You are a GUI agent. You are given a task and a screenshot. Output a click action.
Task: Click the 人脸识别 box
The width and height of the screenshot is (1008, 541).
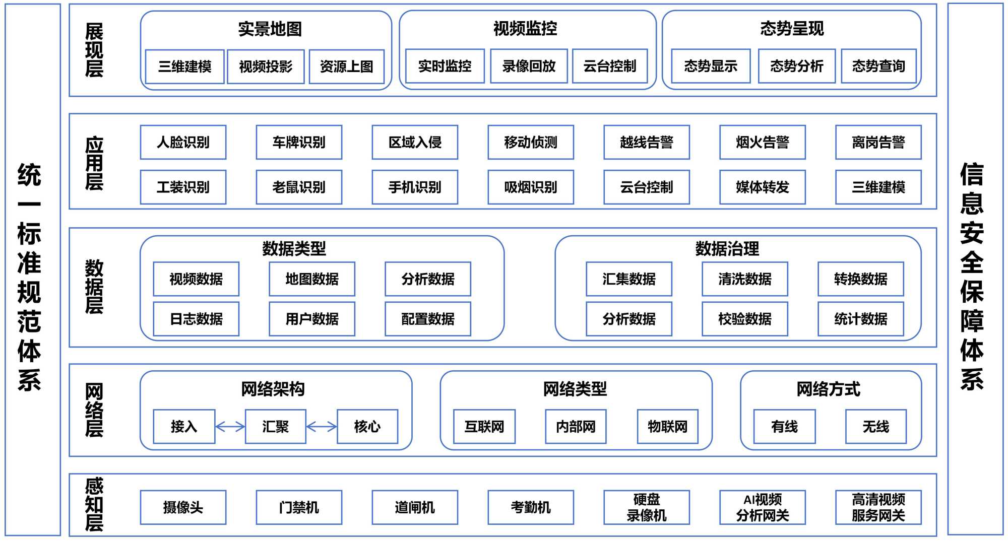pyautogui.click(x=183, y=143)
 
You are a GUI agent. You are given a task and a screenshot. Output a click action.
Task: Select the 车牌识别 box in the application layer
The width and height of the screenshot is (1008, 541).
pyautogui.click(x=299, y=143)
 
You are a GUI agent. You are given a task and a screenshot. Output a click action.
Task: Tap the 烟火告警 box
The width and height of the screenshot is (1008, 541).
pyautogui.click(x=762, y=143)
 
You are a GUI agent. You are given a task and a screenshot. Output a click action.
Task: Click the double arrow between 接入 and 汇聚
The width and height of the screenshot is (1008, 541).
pyautogui.click(x=230, y=427)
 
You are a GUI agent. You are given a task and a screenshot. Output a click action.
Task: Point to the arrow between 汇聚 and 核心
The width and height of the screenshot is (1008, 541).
pyautogui.click(x=321, y=427)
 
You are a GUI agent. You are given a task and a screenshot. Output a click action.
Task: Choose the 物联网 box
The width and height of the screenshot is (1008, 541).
pyautogui.click(x=667, y=427)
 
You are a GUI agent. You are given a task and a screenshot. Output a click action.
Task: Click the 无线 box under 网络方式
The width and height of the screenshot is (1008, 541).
pyautogui.click(x=875, y=427)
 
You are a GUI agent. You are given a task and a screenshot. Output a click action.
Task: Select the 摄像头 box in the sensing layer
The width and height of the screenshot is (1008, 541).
pyautogui.click(x=183, y=507)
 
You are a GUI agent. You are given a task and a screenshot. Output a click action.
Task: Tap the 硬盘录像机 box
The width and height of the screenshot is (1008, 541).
pyautogui.click(x=646, y=507)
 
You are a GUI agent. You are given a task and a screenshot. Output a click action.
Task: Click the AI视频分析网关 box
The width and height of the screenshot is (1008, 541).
pyautogui.click(x=762, y=507)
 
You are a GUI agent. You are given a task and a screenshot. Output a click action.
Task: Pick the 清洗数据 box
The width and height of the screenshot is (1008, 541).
pyautogui.click(x=744, y=279)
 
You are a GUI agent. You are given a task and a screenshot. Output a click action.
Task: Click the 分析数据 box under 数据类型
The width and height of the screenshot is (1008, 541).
pyautogui.click(x=427, y=279)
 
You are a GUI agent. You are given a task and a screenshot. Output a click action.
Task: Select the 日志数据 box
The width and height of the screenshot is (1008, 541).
pyautogui.click(x=196, y=319)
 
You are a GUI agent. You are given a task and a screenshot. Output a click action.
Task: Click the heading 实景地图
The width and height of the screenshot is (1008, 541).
pyautogui.click(x=270, y=29)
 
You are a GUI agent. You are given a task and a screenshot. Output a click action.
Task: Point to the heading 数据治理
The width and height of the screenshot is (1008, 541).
pyautogui.click(x=727, y=248)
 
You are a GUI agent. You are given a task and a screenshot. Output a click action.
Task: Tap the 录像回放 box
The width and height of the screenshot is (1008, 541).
pyautogui.click(x=529, y=66)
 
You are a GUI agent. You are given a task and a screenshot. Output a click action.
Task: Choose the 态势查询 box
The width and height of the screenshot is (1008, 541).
pyautogui.click(x=878, y=66)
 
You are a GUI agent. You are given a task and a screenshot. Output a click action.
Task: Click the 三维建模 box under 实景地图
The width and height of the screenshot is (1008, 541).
pyautogui.click(x=184, y=66)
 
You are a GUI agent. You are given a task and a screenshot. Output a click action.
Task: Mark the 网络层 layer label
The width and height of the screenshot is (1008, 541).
pyautogui.click(x=94, y=410)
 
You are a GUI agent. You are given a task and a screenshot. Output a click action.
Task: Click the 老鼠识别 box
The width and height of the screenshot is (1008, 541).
pyautogui.click(x=299, y=187)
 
